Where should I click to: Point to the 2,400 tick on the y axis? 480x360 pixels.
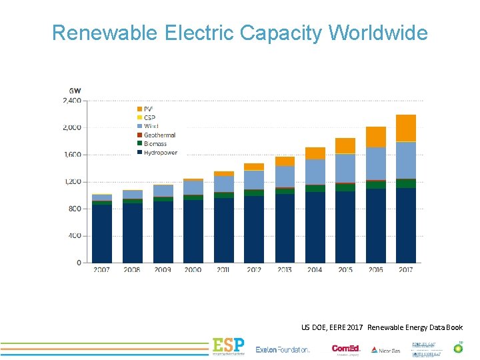point(71,101)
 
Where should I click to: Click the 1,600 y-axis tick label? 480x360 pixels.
point(71,155)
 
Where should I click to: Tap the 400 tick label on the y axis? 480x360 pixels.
point(74,236)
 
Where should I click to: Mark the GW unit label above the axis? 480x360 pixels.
point(75,91)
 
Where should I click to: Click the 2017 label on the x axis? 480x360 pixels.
point(405,270)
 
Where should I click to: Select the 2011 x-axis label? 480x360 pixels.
point(223,270)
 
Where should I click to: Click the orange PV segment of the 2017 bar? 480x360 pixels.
point(405,128)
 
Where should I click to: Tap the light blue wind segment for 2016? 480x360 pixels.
point(375,163)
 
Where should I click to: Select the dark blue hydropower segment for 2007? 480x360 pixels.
point(102,233)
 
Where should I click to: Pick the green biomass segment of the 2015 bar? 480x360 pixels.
point(345,187)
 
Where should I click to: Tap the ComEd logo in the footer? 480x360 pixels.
point(346,349)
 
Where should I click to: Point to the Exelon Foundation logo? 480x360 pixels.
point(283,349)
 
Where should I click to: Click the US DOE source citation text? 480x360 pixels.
point(381,327)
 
